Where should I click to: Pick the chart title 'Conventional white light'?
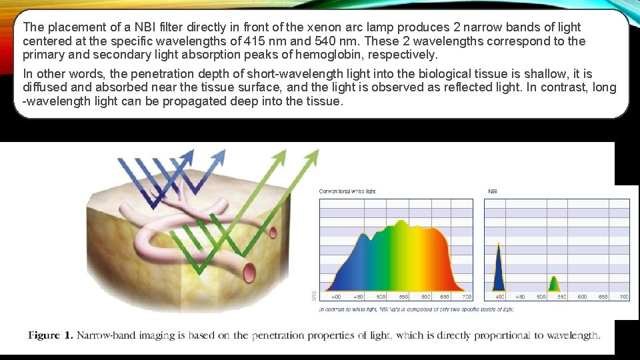coord(347,191)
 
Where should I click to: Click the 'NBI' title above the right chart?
coord(493,191)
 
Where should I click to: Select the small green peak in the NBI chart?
coord(555,285)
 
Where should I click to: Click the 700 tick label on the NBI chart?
coord(624,297)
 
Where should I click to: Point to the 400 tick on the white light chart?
coord(337,297)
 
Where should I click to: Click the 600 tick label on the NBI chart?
coord(583,297)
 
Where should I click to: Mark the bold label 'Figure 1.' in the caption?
coord(50,335)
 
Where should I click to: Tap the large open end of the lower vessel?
coord(250,272)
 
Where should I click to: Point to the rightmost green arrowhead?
coord(311,157)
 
